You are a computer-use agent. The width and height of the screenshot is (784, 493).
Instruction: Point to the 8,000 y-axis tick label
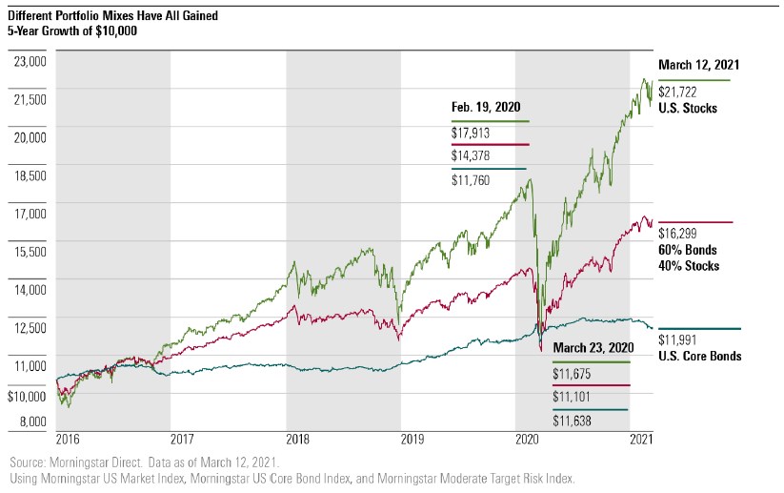click(32, 421)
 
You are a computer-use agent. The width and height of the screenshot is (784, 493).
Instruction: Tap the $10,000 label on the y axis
click(28, 395)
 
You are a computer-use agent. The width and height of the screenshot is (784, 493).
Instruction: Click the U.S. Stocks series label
click(688, 109)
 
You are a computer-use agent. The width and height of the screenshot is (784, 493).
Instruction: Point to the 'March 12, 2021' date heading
click(699, 65)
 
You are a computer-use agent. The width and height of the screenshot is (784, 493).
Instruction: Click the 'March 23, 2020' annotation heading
click(593, 347)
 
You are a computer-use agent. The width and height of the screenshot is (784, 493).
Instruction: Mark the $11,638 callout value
click(573, 421)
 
